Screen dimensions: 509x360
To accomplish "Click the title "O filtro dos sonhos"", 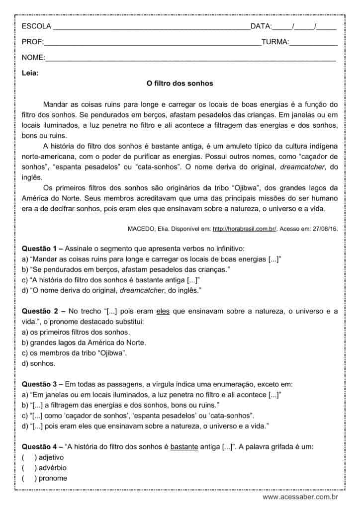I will click(x=180, y=84).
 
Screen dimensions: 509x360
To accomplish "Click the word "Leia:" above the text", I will click(x=30, y=73).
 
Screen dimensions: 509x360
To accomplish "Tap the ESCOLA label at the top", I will click(x=36, y=26).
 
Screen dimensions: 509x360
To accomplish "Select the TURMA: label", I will click(x=275, y=42).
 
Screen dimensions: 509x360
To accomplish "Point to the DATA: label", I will click(x=261, y=26).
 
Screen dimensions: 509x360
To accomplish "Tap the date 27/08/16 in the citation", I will click(x=325, y=229).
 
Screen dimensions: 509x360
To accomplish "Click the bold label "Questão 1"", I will click(x=40, y=248).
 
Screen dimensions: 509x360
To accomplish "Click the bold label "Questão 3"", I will click(x=40, y=384).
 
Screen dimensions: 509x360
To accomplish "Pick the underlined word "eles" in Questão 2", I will click(x=163, y=311).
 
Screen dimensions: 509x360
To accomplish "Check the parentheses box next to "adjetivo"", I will click(x=29, y=457).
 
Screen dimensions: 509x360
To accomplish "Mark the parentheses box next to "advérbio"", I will click(x=29, y=468).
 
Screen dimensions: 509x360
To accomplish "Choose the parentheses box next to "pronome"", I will click(x=29, y=478).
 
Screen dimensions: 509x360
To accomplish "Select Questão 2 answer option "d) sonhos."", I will click(x=39, y=363).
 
